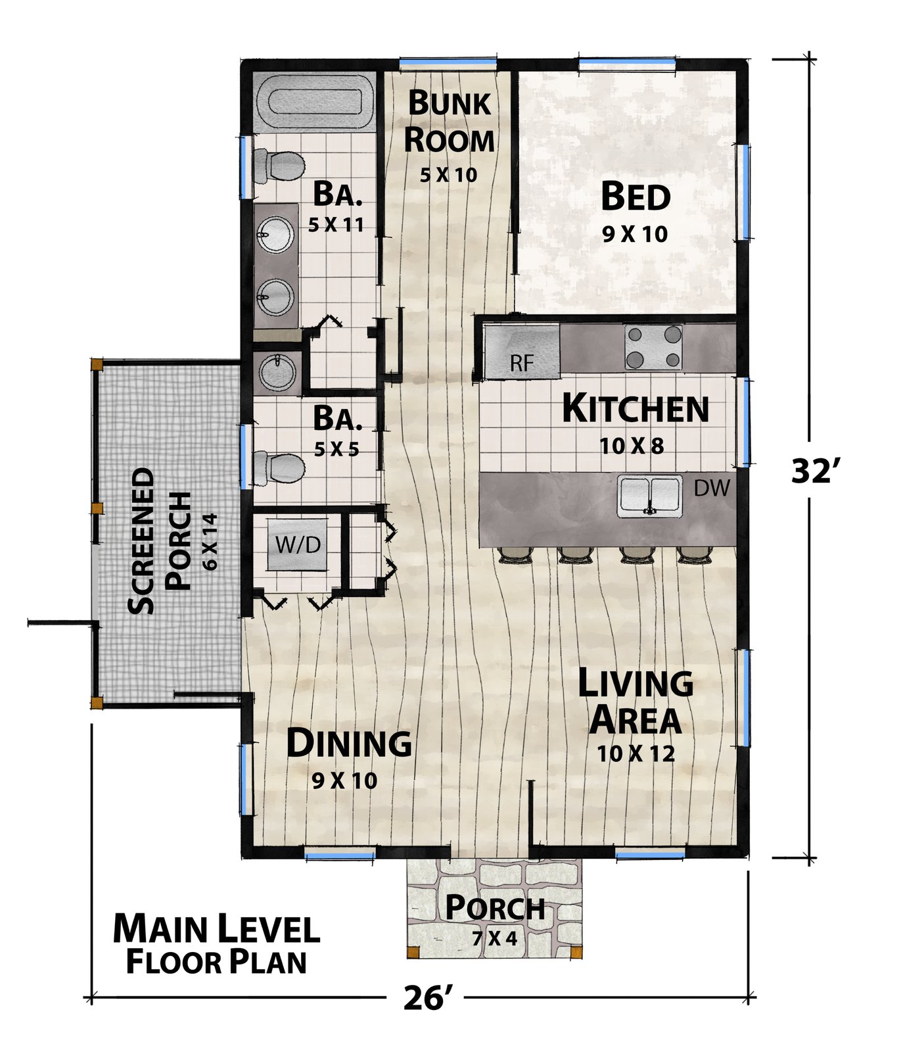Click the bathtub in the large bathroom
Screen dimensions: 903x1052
pyautogui.click(x=314, y=103)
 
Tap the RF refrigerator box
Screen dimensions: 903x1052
pyautogui.click(x=522, y=352)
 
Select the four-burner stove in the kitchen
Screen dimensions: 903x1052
pyautogui.click(x=653, y=347)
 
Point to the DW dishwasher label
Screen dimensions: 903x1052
pyautogui.click(x=712, y=488)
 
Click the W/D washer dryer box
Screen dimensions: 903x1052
pyautogui.click(x=298, y=544)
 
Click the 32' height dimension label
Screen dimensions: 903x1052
pyautogui.click(x=814, y=470)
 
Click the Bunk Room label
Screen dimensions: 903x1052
pyautogui.click(x=449, y=122)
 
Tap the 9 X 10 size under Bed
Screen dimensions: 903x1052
pyautogui.click(x=635, y=233)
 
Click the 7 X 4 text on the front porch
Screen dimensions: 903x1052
pyautogui.click(x=495, y=938)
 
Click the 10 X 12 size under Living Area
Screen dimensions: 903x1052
pyautogui.click(x=636, y=753)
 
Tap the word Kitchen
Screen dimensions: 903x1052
pyautogui.click(x=636, y=409)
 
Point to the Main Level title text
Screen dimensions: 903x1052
pyautogui.click(x=216, y=929)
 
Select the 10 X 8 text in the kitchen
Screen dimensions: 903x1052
pyautogui.click(x=632, y=446)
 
